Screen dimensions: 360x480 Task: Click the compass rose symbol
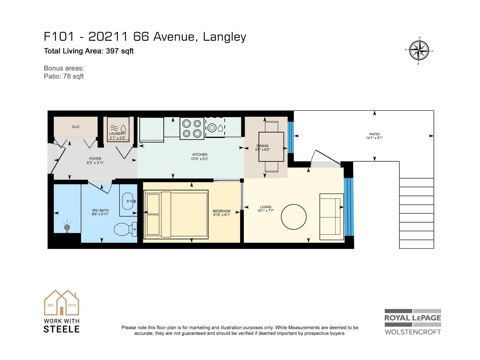tap(419, 50)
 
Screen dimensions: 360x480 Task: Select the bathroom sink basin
tap(128, 201)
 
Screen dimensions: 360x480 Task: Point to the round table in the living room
tap(294, 217)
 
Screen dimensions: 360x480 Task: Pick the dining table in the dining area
tap(271, 147)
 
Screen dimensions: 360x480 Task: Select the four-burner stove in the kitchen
tap(192, 128)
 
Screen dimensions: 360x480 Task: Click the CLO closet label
tap(76, 127)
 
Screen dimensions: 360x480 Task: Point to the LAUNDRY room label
tap(117, 133)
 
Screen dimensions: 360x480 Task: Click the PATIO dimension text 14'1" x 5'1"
tap(374, 138)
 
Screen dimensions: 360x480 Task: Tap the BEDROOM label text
tap(221, 211)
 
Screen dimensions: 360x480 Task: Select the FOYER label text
tap(95, 159)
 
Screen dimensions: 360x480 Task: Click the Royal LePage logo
tap(413, 322)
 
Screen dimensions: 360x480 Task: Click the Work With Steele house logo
tap(61, 303)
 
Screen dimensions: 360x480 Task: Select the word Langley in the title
tap(224, 37)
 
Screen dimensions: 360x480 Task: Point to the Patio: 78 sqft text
tap(64, 76)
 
